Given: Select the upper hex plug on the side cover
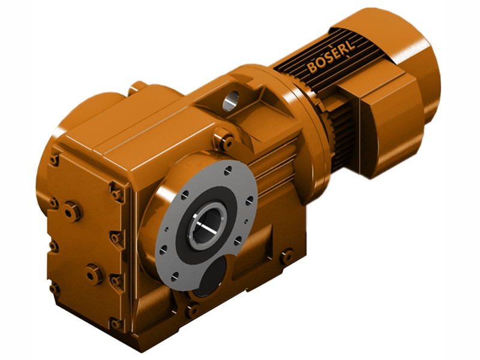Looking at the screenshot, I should click(x=72, y=211).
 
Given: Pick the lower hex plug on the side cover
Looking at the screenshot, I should click(x=94, y=274).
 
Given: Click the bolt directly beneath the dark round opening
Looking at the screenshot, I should click(x=193, y=311).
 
